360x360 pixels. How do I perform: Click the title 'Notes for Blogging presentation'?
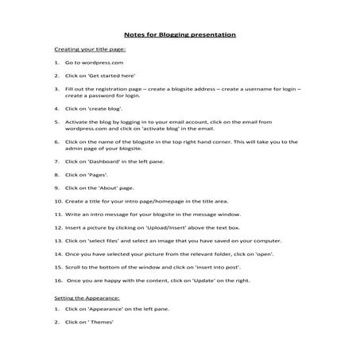click(180, 35)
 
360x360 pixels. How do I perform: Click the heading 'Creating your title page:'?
click(85, 49)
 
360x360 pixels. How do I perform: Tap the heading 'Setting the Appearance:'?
click(87, 296)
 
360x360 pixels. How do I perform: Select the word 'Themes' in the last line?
click(103, 323)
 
